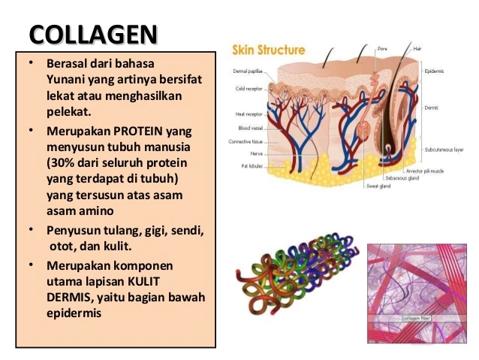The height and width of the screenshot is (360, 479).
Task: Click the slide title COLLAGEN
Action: [94, 35]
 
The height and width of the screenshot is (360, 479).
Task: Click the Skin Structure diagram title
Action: [268, 50]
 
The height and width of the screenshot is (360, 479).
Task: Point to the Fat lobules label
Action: [250, 165]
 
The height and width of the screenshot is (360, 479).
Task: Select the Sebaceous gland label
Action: [401, 179]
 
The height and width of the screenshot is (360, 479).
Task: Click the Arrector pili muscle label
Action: [426, 172]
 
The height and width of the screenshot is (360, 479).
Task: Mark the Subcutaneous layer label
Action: [443, 150]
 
